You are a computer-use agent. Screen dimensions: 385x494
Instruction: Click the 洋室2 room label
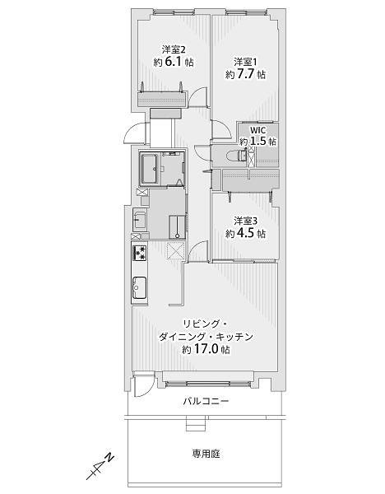tap(173, 49)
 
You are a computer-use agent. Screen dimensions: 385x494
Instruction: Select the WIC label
tap(257, 130)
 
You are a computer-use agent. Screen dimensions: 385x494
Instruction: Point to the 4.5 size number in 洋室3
tap(245, 234)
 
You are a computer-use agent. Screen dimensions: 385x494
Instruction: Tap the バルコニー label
tap(206, 402)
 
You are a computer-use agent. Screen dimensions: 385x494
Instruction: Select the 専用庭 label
tap(206, 454)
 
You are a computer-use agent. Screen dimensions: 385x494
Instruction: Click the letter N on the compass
tap(109, 458)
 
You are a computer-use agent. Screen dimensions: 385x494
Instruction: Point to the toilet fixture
tap(236, 155)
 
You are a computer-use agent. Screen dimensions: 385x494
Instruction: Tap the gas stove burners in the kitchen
tap(140, 253)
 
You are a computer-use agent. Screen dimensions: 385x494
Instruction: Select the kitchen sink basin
tap(140, 287)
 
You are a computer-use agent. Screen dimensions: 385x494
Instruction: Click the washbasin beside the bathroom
tap(140, 219)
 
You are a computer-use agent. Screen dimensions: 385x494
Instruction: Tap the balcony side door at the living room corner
tap(143, 387)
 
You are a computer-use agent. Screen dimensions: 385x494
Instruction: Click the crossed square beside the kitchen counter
tap(176, 251)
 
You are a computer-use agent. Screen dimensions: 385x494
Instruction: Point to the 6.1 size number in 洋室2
tap(173, 62)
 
